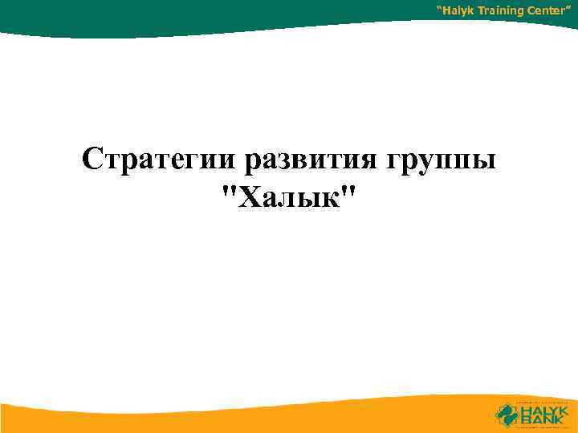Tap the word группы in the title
(x=442, y=160)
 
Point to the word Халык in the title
(x=289, y=196)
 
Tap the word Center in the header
(x=550, y=10)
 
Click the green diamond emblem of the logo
(x=508, y=413)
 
